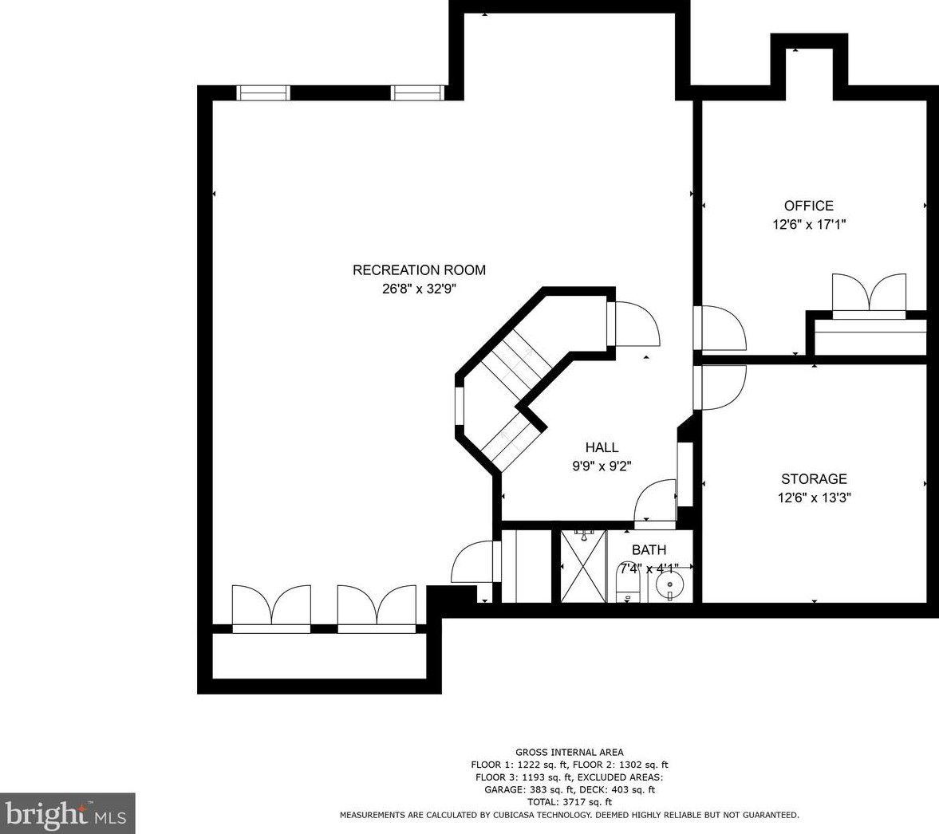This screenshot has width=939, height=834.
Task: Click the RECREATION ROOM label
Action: pos(419,270)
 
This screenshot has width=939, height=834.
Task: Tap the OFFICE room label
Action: pos(808,206)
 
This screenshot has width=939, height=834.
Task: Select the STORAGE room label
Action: pos(814,479)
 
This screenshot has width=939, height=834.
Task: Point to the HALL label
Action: pos(602,447)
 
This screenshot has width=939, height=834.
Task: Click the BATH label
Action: pos(649,549)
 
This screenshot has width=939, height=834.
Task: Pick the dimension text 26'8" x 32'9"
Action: pos(419,289)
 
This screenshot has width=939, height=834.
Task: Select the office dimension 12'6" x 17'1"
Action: pos(808,225)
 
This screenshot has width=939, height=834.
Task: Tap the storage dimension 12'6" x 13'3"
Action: pos(814,498)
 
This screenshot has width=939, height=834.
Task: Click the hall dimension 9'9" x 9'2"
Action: pos(602,466)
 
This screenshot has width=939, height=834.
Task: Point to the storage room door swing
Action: pos(720,387)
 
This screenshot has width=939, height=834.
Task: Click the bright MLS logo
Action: pos(67,813)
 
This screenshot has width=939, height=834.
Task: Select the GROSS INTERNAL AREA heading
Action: pos(570,753)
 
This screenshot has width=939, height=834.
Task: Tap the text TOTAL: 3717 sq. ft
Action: pos(570,802)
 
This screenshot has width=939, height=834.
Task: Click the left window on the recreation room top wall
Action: pos(263,92)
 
